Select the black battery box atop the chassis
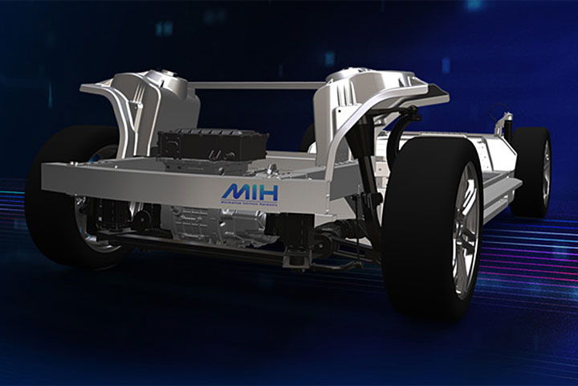pos(212,145)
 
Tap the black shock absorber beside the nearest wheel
pos(368,173)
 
